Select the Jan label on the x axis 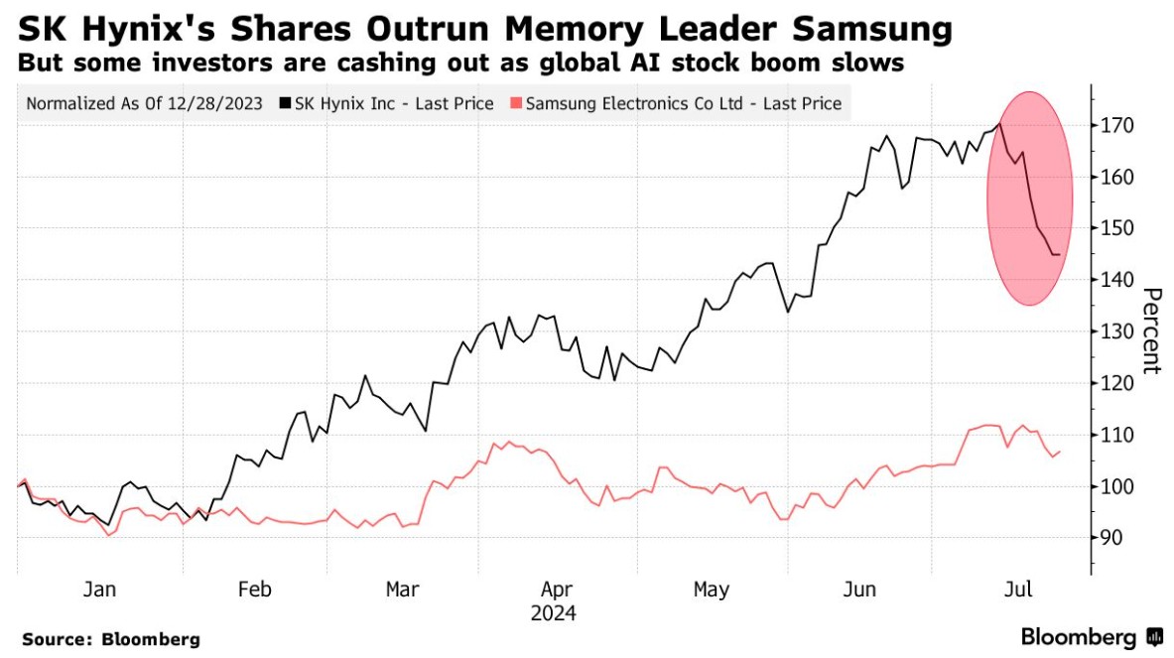(x=99, y=590)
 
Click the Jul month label (x=1018, y=590)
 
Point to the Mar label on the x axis (x=402, y=590)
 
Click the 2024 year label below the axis (x=554, y=613)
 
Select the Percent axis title (x=1151, y=330)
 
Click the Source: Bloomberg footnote (x=110, y=639)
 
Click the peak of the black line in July (x=999, y=123)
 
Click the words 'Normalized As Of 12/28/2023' (x=144, y=103)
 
